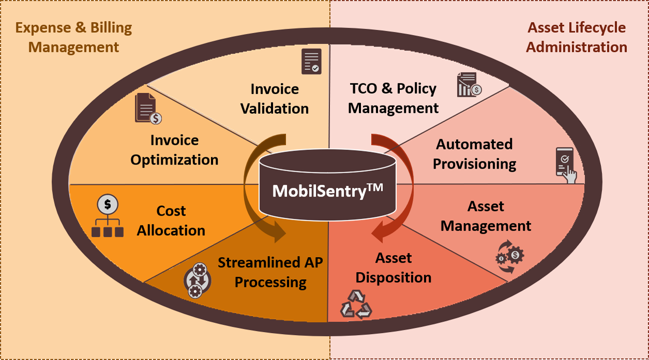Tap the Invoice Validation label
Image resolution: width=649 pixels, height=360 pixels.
click(x=275, y=99)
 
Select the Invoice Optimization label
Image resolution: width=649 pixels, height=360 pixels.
click(x=174, y=150)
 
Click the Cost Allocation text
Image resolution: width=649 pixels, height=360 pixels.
click(x=171, y=221)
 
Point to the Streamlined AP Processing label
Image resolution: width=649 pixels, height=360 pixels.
click(x=270, y=273)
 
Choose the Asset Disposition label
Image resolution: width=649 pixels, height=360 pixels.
click(x=394, y=268)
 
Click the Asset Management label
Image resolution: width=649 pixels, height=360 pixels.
click(x=486, y=216)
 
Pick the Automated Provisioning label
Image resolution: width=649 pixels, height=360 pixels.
click(x=474, y=154)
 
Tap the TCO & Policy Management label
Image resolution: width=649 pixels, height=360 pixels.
click(x=393, y=98)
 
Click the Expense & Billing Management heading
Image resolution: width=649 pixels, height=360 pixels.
click(x=73, y=37)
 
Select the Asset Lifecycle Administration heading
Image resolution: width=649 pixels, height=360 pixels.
click(x=577, y=37)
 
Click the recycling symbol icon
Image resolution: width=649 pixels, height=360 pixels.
click(x=356, y=304)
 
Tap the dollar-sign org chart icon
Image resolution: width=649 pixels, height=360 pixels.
click(x=108, y=217)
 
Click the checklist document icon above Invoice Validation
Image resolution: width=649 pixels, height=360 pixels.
click(x=311, y=61)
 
